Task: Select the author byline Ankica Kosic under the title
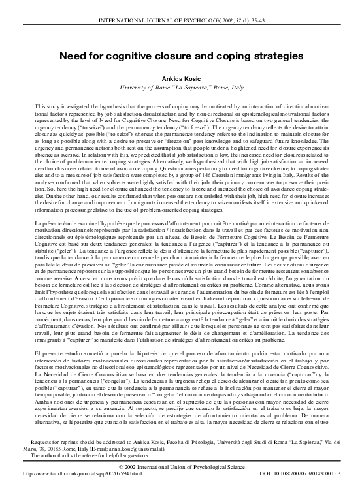(180, 77)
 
